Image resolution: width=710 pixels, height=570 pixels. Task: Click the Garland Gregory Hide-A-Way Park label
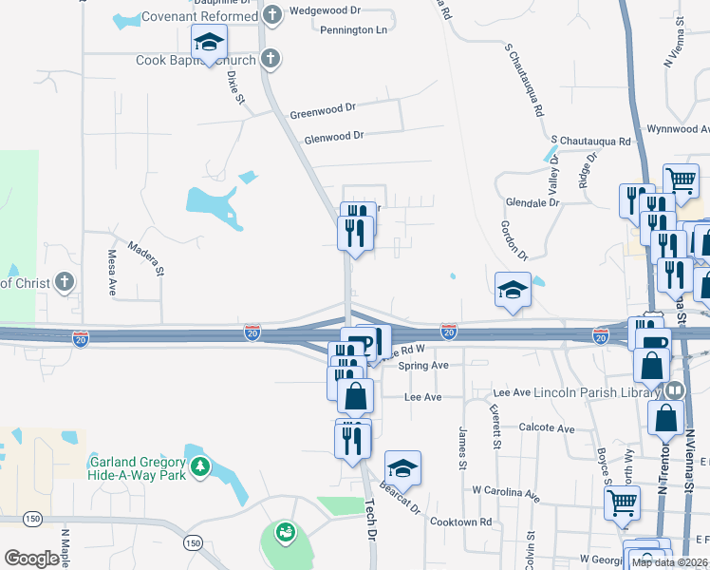(137, 468)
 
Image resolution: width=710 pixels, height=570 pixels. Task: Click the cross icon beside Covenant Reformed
(272, 16)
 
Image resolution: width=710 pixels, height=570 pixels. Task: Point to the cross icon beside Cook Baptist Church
(270, 60)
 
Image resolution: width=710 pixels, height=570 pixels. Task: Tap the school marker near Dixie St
(209, 43)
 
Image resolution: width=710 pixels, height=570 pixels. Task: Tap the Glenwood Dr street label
(334, 136)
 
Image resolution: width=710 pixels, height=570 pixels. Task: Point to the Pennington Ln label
(353, 30)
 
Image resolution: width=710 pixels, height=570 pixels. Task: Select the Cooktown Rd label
(459, 522)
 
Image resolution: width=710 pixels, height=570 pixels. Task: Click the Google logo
(32, 559)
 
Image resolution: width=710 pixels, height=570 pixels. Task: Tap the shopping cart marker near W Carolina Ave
(622, 503)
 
